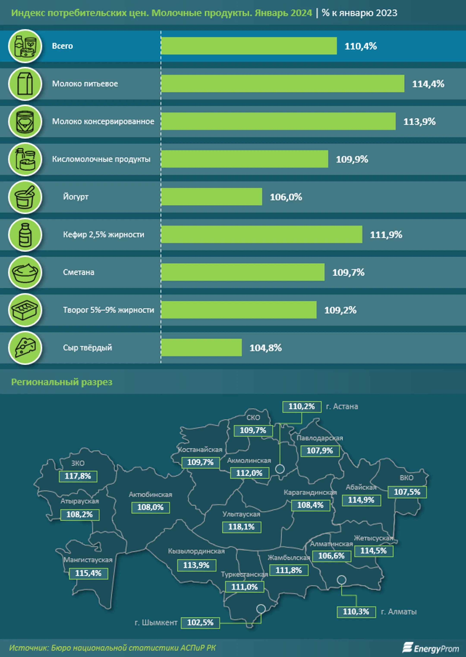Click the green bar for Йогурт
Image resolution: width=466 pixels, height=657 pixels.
pos(211,197)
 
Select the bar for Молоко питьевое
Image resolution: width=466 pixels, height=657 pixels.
pos(282,83)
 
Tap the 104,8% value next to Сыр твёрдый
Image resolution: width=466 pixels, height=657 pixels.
pos(265,348)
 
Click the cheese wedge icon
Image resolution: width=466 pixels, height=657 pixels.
pos(25,347)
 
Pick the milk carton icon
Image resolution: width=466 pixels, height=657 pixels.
pos(25,84)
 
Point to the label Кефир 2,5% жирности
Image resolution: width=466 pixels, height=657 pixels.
pos(104,235)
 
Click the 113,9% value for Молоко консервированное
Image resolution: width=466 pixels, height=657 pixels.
pos(419,122)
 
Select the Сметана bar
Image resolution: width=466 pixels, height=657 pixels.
pos(242,272)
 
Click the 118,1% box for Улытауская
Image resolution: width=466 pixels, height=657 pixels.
pos(242,527)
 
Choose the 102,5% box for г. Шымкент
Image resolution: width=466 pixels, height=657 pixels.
pos(200,622)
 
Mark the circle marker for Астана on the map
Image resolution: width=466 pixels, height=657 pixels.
pos(280,469)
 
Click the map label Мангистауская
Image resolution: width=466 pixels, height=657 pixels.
pos(88,560)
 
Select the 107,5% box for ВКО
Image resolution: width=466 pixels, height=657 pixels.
pos(407,492)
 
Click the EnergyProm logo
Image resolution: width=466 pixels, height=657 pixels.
pos(430,648)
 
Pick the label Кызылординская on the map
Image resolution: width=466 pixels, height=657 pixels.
pos(196,551)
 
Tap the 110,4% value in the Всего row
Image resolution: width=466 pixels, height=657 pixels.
pos(361,46)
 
